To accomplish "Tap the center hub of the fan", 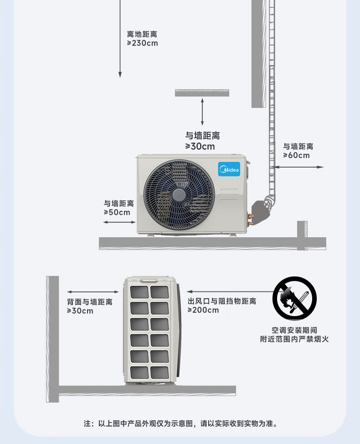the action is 179,194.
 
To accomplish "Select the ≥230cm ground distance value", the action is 142,43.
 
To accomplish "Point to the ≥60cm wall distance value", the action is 296,155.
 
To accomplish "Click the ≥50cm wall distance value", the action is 117,212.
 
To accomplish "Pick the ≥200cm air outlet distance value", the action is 203,310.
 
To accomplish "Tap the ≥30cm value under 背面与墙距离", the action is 80,311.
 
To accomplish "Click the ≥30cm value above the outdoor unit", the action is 200,146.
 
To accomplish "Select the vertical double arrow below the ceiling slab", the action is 202,111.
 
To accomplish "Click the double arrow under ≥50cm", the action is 119,222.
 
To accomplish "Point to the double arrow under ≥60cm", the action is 298,167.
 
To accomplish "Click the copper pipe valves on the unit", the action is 249,217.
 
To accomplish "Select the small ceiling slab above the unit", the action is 202,93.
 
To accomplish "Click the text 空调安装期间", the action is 294,330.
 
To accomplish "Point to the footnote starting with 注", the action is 180,424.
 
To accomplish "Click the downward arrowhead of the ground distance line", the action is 120,74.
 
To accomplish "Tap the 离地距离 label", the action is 142,34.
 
